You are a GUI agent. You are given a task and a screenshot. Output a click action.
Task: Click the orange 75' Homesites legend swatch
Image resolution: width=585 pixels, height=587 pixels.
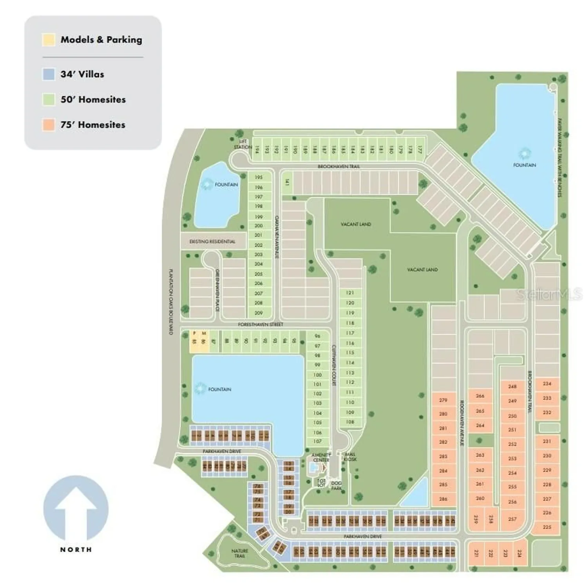coord(49,125)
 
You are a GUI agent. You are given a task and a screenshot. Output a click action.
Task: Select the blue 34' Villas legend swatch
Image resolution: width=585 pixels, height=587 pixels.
coord(49,74)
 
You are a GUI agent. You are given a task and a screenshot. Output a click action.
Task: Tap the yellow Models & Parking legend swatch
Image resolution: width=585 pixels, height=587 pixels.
coord(49,40)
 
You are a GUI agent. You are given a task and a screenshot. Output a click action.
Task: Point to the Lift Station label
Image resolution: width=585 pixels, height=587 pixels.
coord(243,144)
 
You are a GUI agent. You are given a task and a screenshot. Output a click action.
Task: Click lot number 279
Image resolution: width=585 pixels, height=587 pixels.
coord(443,400)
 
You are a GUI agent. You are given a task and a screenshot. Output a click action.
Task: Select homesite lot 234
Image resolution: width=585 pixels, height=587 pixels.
coord(547,384)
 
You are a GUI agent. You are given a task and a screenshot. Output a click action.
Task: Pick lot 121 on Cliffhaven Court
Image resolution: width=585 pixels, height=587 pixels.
coord(350,293)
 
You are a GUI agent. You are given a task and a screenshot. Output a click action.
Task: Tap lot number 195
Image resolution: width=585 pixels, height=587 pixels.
coord(259,177)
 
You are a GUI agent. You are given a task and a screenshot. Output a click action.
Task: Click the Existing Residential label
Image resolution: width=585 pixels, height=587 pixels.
coord(212,241)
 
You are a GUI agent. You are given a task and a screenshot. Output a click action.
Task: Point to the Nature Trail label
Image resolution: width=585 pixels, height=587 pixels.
coord(239,553)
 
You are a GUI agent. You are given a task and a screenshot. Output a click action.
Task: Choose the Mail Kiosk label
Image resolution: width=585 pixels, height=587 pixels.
coord(350,457)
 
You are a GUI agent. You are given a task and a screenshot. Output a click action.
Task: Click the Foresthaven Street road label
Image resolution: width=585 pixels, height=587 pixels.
coord(261,324)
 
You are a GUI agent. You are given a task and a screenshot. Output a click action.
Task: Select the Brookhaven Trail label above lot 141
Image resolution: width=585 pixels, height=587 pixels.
coord(339,166)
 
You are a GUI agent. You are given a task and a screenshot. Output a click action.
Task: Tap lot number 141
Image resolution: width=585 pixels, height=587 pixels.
coord(287,182)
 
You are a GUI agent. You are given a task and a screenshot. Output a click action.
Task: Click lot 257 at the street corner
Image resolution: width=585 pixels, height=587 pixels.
coord(512,519)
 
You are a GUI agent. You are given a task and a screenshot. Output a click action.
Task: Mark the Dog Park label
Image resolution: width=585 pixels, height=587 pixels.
coord(336,486)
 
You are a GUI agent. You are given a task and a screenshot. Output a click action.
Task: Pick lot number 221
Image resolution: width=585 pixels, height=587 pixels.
coord(476,553)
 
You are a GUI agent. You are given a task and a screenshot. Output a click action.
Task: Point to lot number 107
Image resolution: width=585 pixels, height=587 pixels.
coord(317,441)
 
